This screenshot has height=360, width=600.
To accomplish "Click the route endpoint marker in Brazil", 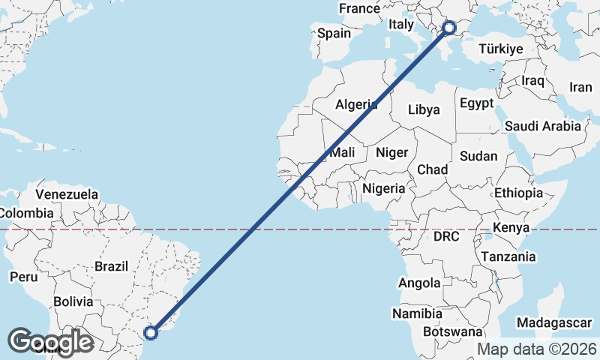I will (151, 332).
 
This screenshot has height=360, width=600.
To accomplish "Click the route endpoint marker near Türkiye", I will (449, 28).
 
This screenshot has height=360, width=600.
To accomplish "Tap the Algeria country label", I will (355, 105).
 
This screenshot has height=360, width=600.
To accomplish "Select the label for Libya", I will (424, 109).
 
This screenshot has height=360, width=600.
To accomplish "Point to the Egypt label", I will (476, 103).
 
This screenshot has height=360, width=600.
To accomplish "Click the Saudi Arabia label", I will (543, 126).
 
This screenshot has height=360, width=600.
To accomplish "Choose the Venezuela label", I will (67, 194).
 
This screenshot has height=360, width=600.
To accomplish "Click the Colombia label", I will (26, 213).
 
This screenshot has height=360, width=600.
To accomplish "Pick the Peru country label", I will (23, 277).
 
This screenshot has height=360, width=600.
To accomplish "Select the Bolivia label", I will (73, 302).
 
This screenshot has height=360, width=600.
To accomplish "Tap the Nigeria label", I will (383, 188).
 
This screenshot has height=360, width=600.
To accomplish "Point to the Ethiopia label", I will (518, 193).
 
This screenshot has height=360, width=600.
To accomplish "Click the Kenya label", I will (512, 227).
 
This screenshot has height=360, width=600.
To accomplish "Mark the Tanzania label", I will (508, 256).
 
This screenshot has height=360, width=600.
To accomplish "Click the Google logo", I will (51, 342).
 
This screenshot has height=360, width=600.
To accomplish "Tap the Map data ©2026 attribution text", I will (537, 349).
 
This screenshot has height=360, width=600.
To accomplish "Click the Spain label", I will (334, 33).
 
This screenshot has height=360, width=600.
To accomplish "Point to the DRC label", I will (445, 236).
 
